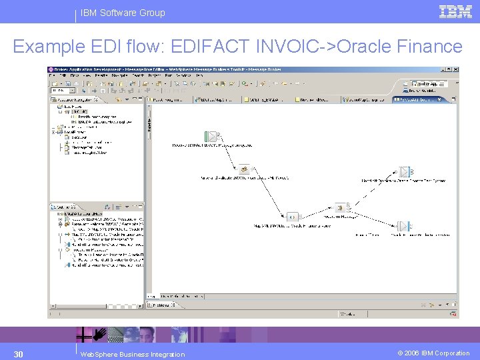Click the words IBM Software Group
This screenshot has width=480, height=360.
(123, 13)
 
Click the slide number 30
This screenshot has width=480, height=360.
(19, 353)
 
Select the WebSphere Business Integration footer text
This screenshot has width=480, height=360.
(132, 354)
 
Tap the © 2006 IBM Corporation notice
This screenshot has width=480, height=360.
(434, 353)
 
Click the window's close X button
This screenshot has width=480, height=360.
(455, 69)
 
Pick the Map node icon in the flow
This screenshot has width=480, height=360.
(291, 217)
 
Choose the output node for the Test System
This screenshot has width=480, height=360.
(404, 173)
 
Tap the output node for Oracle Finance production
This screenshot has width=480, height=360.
(403, 226)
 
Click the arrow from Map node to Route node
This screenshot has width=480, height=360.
(315, 213)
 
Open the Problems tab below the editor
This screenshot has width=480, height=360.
(161, 305)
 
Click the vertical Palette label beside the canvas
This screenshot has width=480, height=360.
(149, 120)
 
